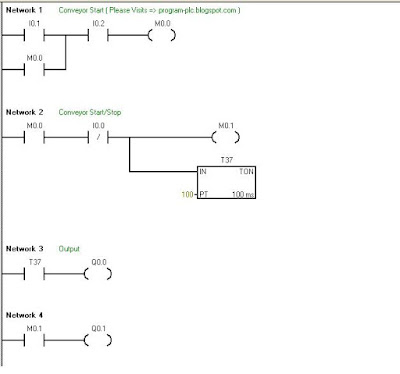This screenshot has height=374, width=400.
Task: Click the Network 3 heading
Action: click(x=25, y=248)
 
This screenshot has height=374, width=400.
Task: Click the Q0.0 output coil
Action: click(x=99, y=272)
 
